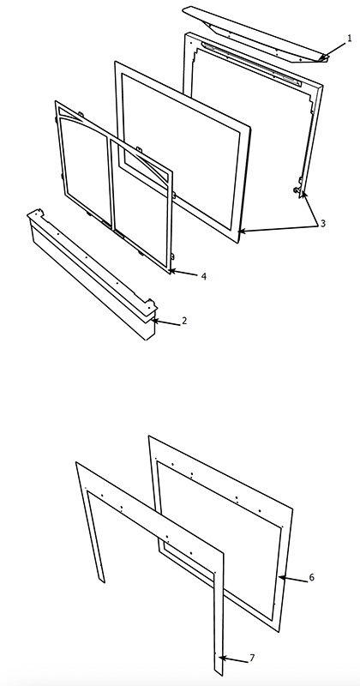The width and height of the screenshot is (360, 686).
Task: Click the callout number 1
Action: pyautogui.click(x=349, y=38)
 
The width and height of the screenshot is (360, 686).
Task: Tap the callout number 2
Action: pyautogui.click(x=184, y=321)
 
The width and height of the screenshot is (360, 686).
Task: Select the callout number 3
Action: pyautogui.click(x=323, y=223)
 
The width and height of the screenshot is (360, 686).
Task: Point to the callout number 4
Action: pyautogui.click(x=203, y=276)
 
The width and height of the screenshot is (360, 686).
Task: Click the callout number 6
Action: pyautogui.click(x=311, y=577)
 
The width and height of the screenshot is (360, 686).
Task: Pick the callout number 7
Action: pyautogui.click(x=251, y=658)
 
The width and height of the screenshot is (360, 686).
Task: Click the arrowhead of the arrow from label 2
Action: pyautogui.click(x=154, y=321)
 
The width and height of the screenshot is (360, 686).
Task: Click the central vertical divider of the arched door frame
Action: pyautogui.click(x=110, y=183)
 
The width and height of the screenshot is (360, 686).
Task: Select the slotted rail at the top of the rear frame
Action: pyautogui.click(x=251, y=63)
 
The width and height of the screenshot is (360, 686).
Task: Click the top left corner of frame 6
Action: pyautogui.click(x=149, y=436)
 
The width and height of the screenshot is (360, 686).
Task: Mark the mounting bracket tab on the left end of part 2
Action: pyautogui.click(x=34, y=214)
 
